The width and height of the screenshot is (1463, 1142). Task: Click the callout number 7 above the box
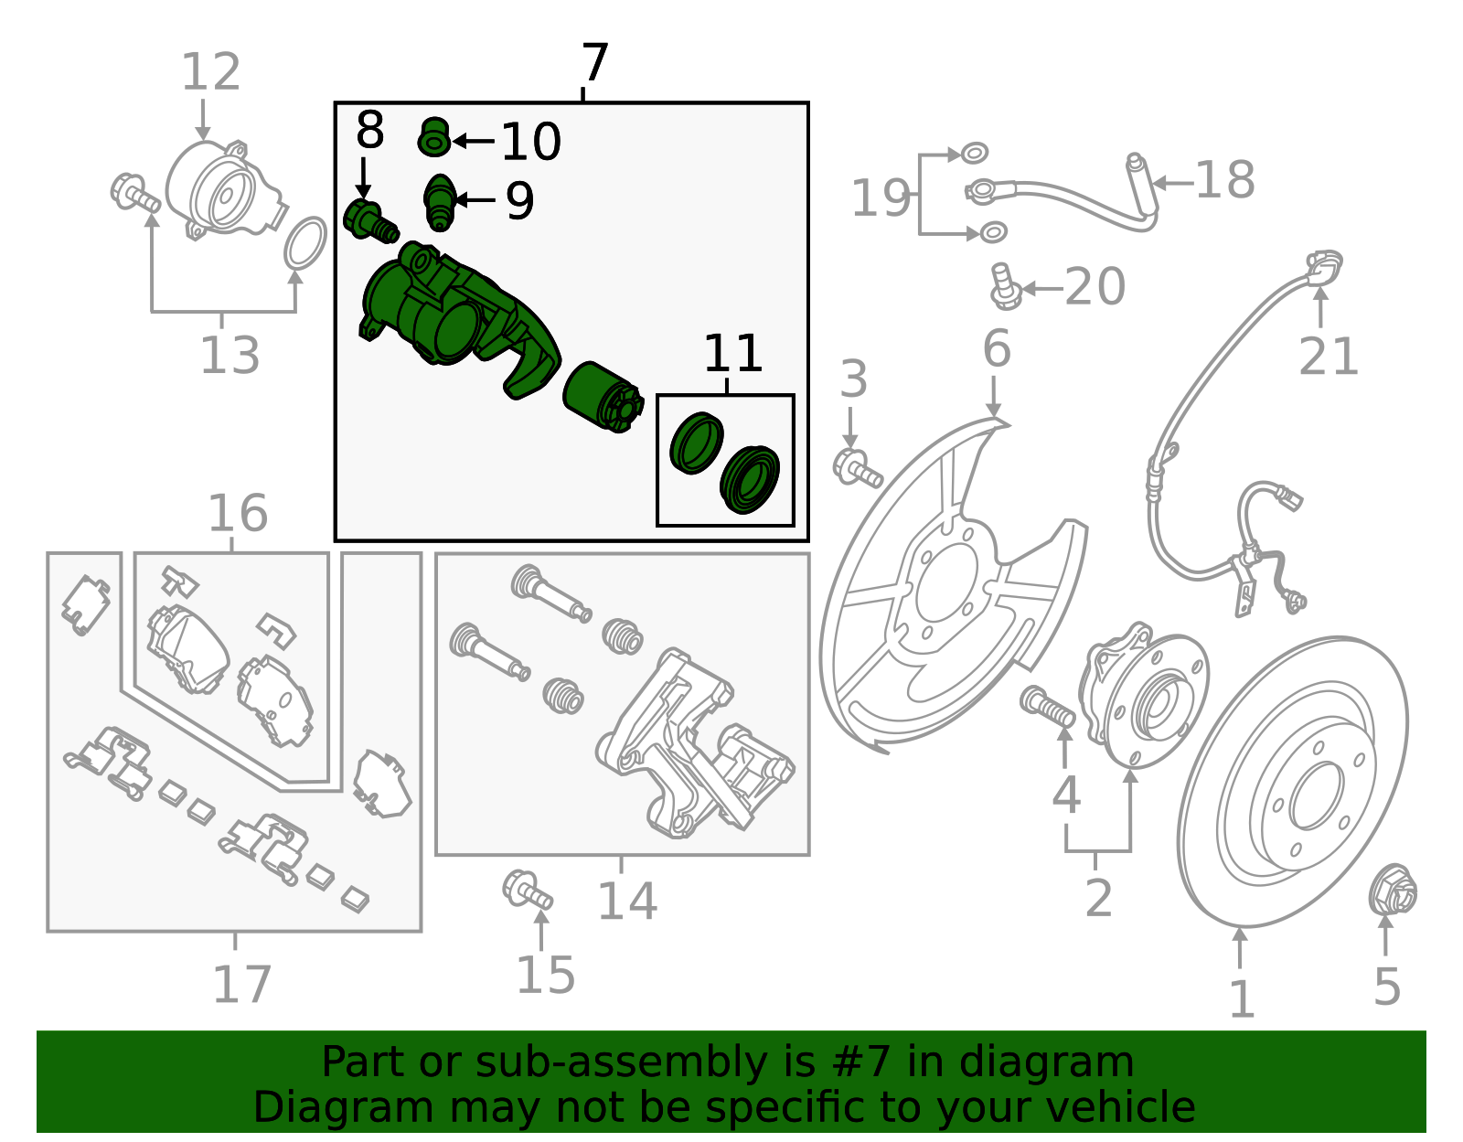click(x=594, y=64)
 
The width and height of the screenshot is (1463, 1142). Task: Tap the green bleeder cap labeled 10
click(x=434, y=137)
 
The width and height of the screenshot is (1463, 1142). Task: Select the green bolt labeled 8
click(x=369, y=220)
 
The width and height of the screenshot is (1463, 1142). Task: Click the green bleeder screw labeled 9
click(x=440, y=202)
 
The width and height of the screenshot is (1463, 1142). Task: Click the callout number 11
click(x=732, y=354)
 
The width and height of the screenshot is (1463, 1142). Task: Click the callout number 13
click(x=230, y=355)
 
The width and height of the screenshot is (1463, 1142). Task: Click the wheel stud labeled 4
click(x=1048, y=706)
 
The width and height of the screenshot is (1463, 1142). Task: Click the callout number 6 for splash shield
click(x=996, y=349)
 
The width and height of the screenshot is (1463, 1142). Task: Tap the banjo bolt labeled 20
click(x=1005, y=285)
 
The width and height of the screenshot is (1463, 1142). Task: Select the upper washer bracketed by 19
click(x=976, y=152)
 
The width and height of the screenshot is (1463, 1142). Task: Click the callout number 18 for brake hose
click(x=1224, y=180)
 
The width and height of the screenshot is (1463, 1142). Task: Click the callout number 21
click(x=1329, y=357)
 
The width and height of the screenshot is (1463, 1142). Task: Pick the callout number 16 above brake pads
click(x=238, y=514)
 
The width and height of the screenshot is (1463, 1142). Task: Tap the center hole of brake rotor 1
click(x=1316, y=795)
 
